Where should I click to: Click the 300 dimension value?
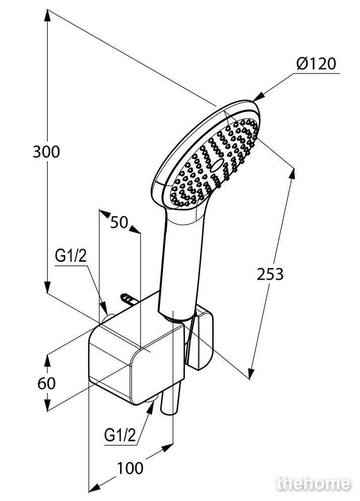pyautogui.click(x=46, y=151)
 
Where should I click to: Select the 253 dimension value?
pyautogui.click(x=270, y=274)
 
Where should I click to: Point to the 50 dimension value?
pyautogui.click(x=119, y=222)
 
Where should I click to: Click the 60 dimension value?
pyautogui.click(x=46, y=383)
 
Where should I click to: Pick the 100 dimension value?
pyautogui.click(x=130, y=468)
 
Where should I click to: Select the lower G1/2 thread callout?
pyautogui.click(x=120, y=435)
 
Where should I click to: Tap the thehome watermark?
pyautogui.click(x=313, y=483)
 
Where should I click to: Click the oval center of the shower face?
pyautogui.click(x=218, y=164)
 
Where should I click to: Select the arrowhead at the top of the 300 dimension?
pyautogui.click(x=47, y=15)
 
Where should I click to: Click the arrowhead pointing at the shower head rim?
pyautogui.click(x=258, y=96)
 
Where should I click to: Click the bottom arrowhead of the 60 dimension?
pyautogui.click(x=47, y=405)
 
